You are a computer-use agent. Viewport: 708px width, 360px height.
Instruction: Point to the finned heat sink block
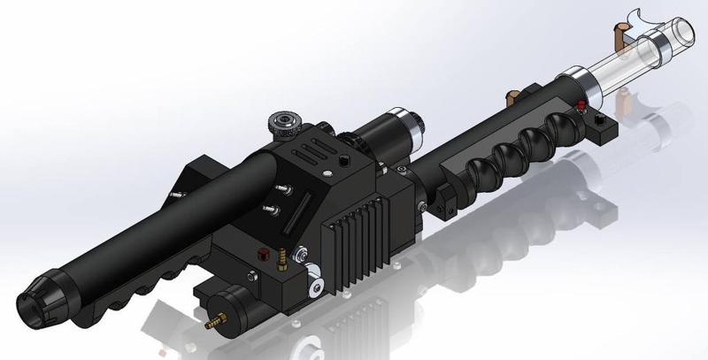(357, 241)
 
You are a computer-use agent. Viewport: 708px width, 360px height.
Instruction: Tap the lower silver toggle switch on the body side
(267, 210)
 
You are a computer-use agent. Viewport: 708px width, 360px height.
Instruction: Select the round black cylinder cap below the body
(234, 310)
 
